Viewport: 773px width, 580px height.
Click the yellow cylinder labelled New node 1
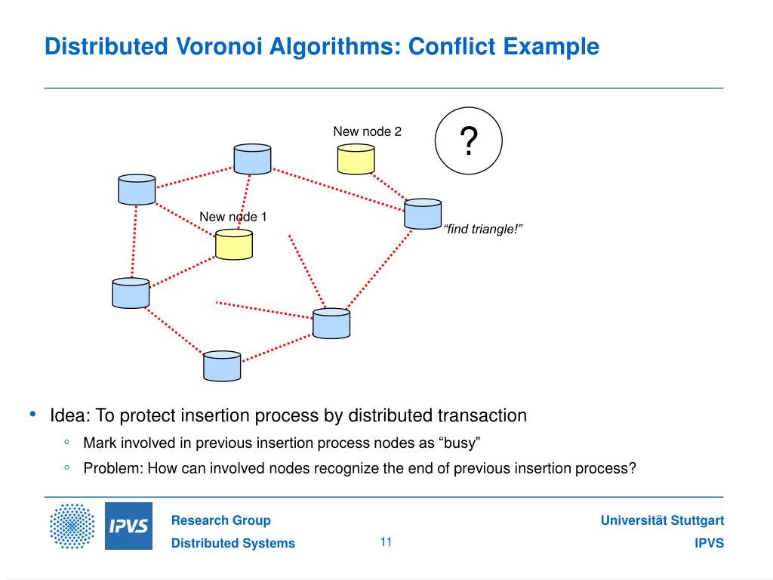pos(233,245)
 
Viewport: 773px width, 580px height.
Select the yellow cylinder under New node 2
pos(356,159)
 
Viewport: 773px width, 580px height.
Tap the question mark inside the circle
pos(469,141)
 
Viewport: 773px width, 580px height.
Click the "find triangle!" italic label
pos(483,229)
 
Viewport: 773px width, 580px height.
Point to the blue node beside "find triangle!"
pos(423,214)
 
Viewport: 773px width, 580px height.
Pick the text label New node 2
pos(368,131)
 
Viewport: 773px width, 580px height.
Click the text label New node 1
pos(233,217)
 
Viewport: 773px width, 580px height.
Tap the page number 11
pos(386,541)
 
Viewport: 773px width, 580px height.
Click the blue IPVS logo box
pos(128,526)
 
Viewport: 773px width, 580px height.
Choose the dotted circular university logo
pos(72,526)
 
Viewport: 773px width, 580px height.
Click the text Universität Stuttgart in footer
pos(662,520)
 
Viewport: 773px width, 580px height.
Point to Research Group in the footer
pos(220,520)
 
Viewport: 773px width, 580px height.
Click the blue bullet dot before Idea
pos(32,415)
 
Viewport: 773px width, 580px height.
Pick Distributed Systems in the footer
pos(233,544)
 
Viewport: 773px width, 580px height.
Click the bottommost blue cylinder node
pos(222,366)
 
